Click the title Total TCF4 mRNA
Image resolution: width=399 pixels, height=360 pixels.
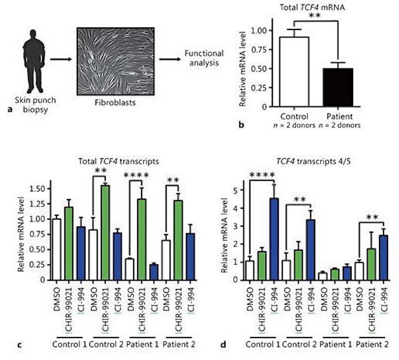(x=314, y=7)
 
